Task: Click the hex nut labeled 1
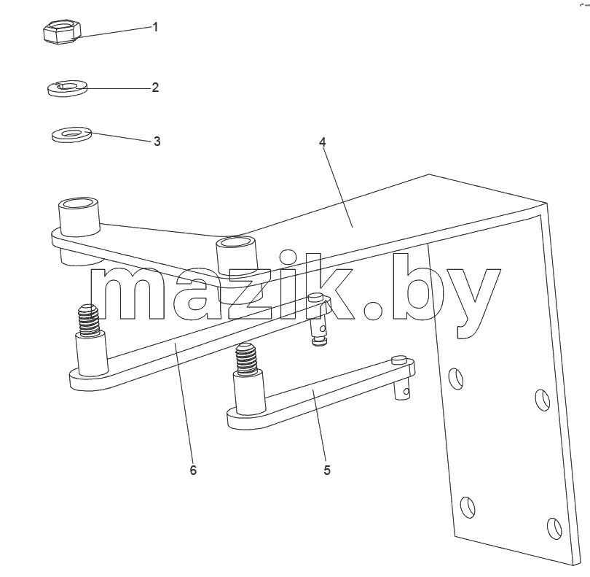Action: pos(62,32)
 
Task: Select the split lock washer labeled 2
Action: pos(67,88)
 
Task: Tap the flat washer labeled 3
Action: pos(71,134)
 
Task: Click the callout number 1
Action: pos(155,27)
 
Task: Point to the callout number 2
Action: pos(155,88)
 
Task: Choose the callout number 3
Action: pos(157,142)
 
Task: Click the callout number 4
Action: pos(322,142)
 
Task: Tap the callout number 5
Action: pos(327,470)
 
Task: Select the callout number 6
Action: pos(193,470)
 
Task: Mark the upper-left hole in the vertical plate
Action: pos(457,379)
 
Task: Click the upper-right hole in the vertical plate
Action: pos(543,400)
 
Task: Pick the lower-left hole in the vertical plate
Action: pos(468,507)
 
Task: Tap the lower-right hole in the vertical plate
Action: pos(554,528)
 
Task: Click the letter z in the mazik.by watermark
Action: pos(251,295)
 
